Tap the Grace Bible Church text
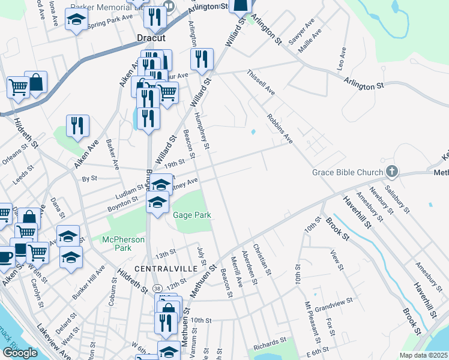[x=348, y=173]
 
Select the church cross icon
[x=391, y=172]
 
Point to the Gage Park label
[x=191, y=215]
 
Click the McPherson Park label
[x=124, y=244]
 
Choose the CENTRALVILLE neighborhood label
[x=165, y=268]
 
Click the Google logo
[x=20, y=352]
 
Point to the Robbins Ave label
[x=280, y=128]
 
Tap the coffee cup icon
[x=5, y=257]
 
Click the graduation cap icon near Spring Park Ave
[x=76, y=21]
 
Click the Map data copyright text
[x=424, y=355]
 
